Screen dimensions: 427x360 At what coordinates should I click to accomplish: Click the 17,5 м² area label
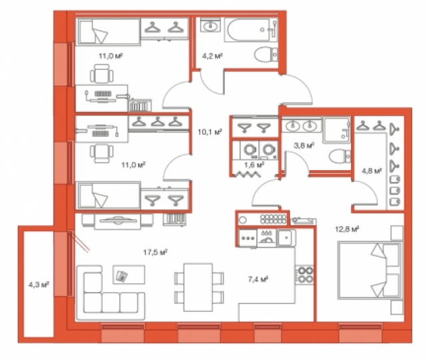click(x=155, y=253)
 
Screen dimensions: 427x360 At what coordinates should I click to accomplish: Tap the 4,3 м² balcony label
click(x=39, y=285)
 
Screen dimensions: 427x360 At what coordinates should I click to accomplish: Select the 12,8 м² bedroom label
click(x=347, y=229)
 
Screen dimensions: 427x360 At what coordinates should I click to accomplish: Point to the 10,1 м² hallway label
click(x=209, y=132)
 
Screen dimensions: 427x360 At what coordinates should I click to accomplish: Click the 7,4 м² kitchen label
click(x=258, y=279)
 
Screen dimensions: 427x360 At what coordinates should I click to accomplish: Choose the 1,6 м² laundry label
click(x=254, y=165)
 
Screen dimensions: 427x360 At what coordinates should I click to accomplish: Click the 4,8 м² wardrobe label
click(x=372, y=171)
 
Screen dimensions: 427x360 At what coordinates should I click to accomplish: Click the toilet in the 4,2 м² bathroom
click(x=266, y=55)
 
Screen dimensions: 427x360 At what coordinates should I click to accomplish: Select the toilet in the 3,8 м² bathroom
click(x=340, y=156)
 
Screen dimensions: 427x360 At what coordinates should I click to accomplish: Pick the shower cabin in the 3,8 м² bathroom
click(x=337, y=130)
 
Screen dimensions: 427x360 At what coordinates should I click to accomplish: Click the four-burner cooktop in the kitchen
click(x=305, y=275)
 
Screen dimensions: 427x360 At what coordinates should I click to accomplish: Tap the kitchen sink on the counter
click(x=286, y=238)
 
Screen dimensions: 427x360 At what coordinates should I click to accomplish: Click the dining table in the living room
click(x=198, y=287)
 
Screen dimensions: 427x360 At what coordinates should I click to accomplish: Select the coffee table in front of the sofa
click(x=129, y=275)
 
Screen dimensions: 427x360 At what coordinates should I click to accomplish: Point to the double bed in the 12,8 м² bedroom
click(x=370, y=271)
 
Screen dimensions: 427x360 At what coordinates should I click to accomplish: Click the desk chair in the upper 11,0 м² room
click(x=101, y=73)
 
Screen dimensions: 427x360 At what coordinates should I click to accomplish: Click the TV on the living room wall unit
click(x=118, y=220)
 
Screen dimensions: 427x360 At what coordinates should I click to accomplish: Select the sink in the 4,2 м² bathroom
click(x=211, y=25)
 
